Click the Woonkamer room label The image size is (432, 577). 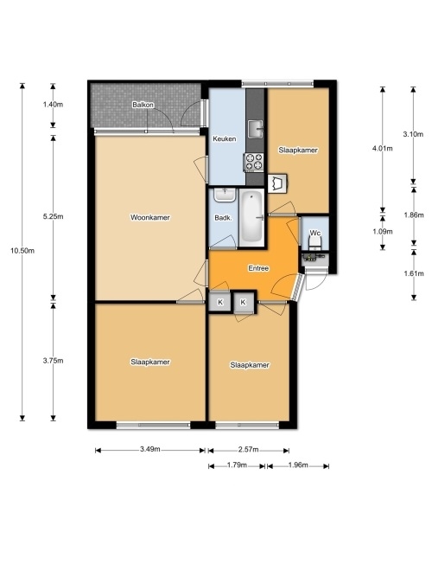coord(150,217)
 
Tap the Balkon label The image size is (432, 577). coord(143,105)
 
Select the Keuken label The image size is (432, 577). coord(225,138)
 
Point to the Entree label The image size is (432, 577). coord(258,268)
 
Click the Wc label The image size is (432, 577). coord(315,233)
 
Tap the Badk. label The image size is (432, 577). coord(223,218)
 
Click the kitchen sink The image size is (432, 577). coord(256,129)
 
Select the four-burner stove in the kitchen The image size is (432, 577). coord(254,163)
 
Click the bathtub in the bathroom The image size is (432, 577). coord(251,217)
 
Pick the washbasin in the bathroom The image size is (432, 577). coord(225,195)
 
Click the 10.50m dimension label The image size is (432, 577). coord(22,251)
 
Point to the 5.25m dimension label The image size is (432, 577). coord(53,216)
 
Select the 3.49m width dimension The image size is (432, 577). coord(150,449)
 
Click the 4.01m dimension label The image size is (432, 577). coord(383,149)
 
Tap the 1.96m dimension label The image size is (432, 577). coord(298,465)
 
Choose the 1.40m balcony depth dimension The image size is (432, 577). coord(53,105)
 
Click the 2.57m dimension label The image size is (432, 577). coord(248,449)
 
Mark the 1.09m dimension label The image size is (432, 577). coord(383,232)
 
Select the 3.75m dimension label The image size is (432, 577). coord(53,361)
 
